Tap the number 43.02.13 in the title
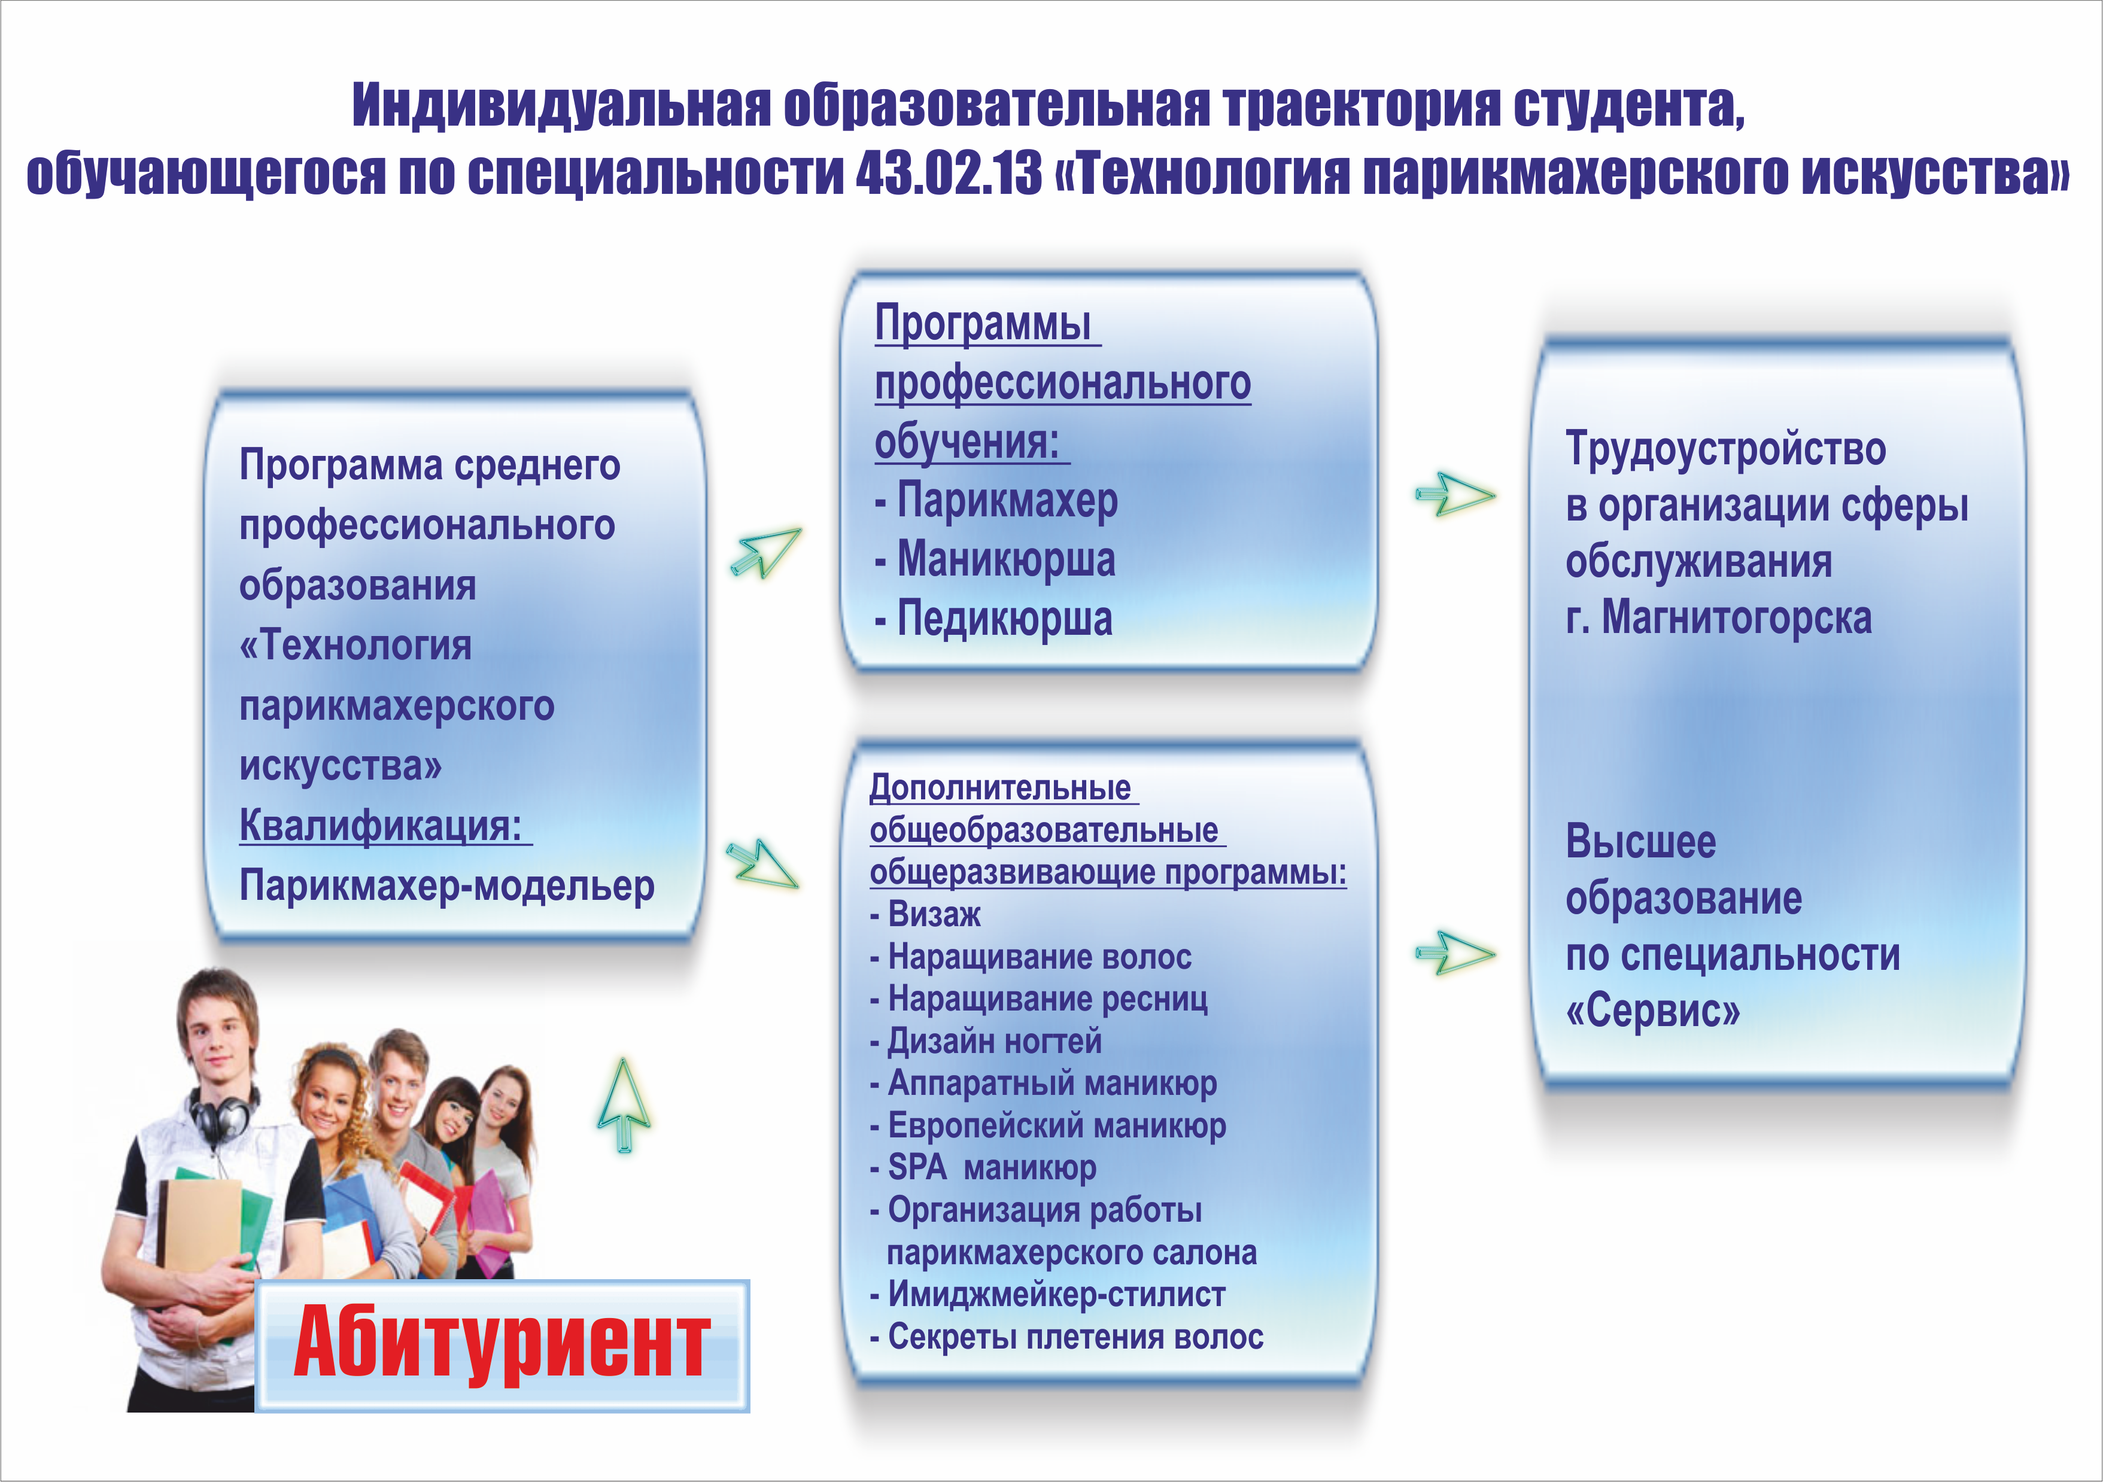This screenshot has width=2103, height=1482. pos(949,173)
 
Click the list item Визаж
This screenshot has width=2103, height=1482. pos(925,914)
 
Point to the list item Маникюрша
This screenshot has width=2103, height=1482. pos(996,559)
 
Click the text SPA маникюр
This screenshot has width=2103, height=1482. pos(983,1168)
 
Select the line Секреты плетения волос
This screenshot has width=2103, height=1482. pos(1066,1337)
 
